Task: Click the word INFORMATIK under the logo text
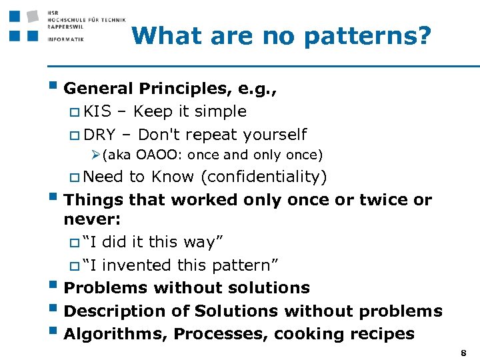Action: point(65,39)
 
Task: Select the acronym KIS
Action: point(98,111)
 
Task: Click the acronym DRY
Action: point(100,135)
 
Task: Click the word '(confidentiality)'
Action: point(263,177)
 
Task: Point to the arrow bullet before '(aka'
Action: point(96,155)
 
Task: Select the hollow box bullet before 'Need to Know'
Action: point(75,177)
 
